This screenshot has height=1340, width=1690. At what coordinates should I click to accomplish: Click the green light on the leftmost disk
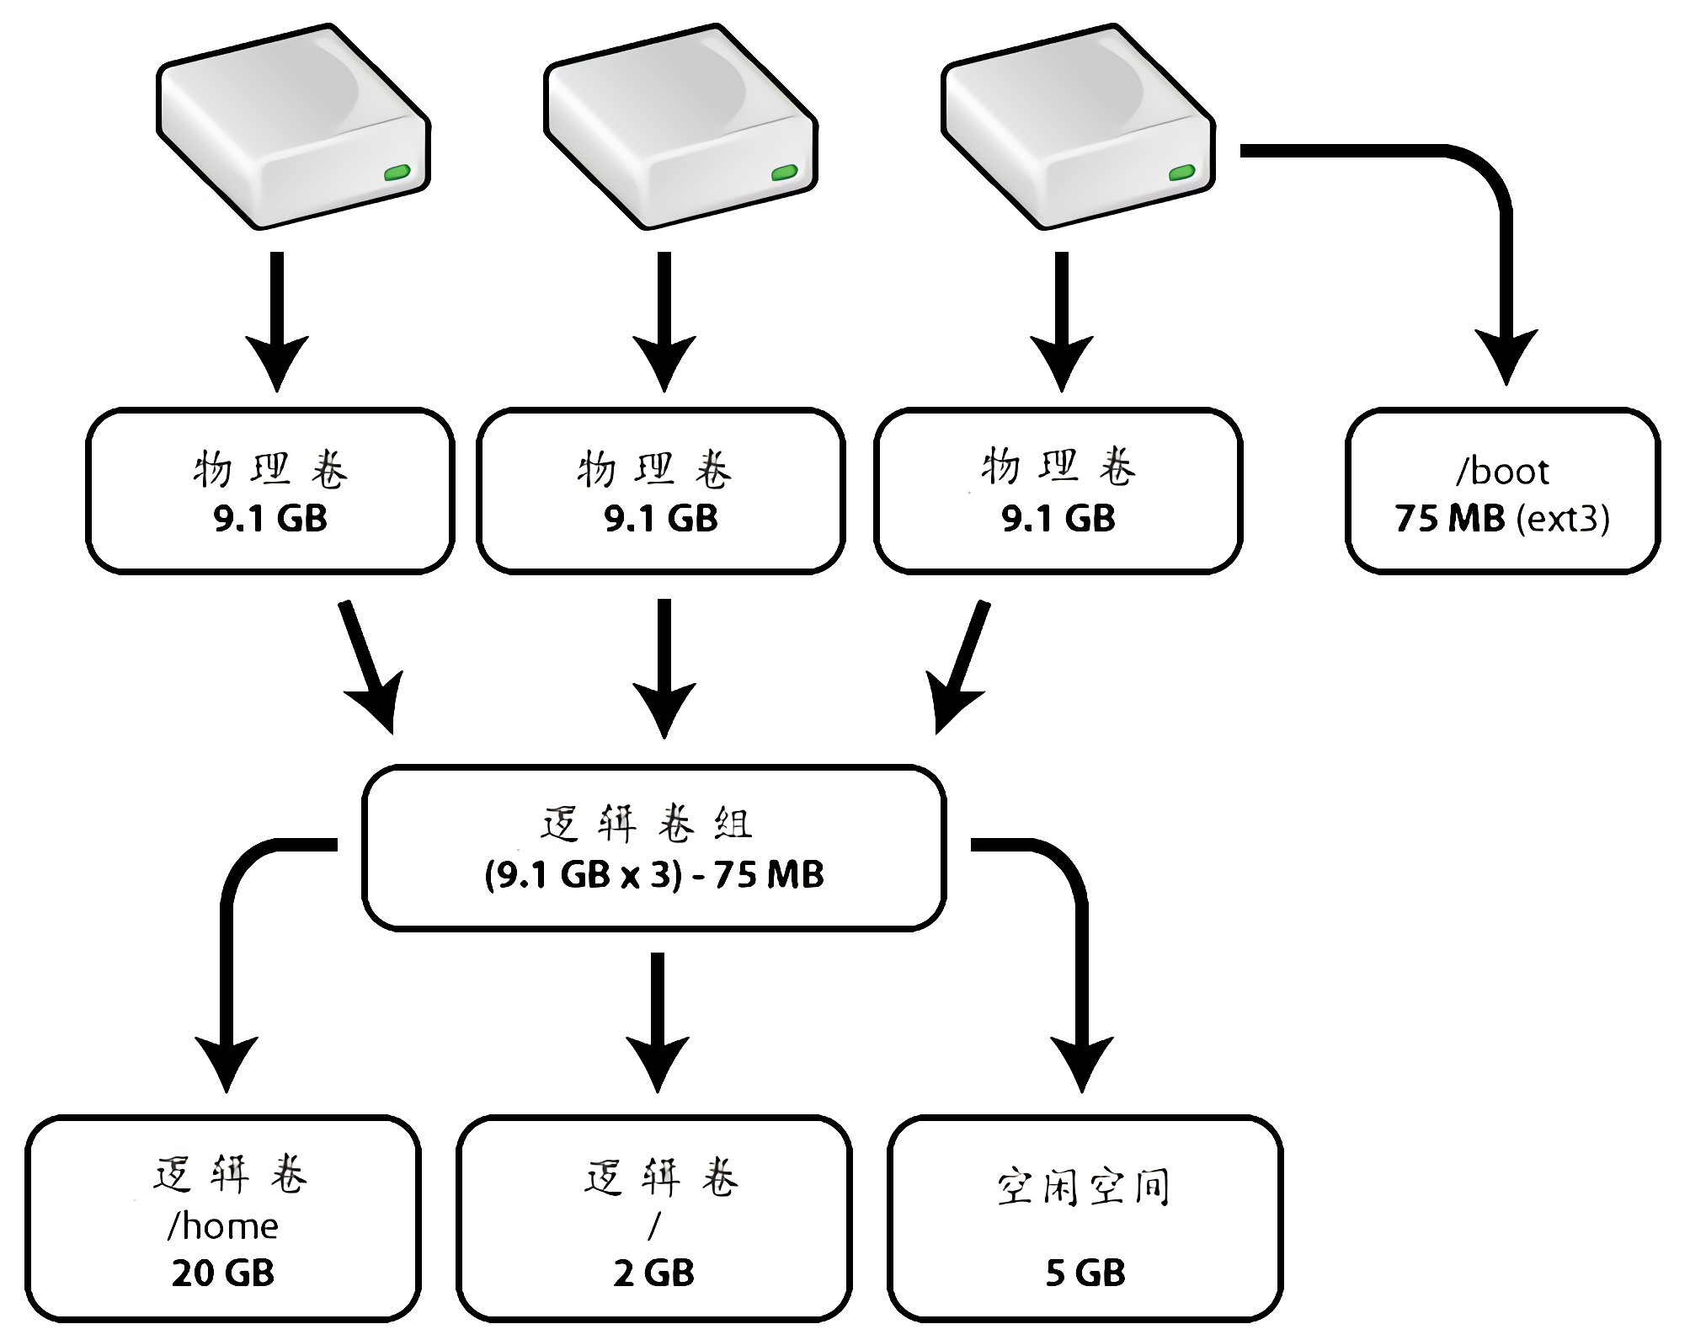[397, 174]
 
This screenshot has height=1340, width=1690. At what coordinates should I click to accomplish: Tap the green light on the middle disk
[785, 174]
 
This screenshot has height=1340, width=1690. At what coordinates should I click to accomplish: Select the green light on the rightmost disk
[1182, 174]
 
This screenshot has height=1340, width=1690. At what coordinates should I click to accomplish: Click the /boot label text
[1502, 472]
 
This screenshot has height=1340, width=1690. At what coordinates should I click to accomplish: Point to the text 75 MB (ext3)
[1502, 519]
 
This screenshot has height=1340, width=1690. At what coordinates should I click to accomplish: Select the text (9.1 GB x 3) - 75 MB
[654, 875]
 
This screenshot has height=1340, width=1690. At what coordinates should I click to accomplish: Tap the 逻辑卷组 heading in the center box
[647, 824]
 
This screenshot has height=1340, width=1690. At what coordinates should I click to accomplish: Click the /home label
[223, 1226]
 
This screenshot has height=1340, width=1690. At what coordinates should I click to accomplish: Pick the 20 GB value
[223, 1273]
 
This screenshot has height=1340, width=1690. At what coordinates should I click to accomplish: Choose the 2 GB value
[654, 1273]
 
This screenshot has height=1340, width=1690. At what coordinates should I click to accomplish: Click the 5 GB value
[1085, 1273]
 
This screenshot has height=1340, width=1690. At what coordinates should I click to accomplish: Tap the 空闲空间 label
[1085, 1188]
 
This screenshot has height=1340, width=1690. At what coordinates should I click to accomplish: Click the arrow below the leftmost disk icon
[277, 320]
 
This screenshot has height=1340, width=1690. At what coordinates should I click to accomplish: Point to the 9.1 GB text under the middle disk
[661, 519]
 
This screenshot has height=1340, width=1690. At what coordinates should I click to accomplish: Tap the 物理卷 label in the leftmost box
[270, 469]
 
